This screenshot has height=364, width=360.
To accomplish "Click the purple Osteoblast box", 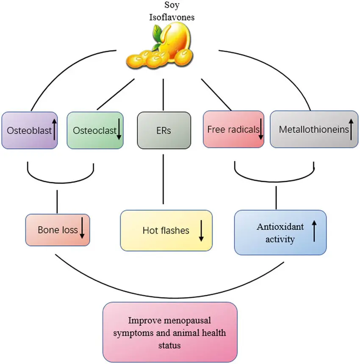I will [x=30, y=130].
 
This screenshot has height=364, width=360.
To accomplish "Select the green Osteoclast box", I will [x=95, y=130].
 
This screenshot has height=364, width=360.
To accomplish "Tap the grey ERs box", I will [x=163, y=131].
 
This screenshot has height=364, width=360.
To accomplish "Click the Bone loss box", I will [x=58, y=230].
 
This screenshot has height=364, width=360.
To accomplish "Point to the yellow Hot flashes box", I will [x=166, y=231].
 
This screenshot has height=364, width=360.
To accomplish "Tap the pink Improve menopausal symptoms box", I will [x=170, y=332].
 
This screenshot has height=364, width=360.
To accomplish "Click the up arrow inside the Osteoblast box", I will [x=55, y=129].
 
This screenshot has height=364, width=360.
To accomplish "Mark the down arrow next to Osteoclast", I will [x=119, y=131].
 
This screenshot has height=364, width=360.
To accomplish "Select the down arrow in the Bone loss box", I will [x=82, y=230].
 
